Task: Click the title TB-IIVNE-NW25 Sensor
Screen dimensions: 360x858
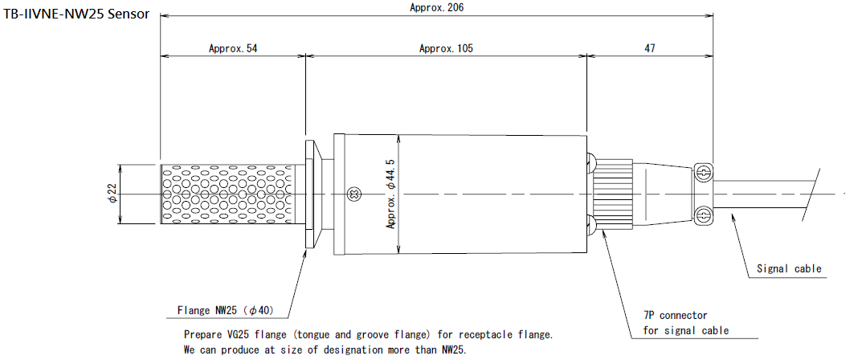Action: [76, 14]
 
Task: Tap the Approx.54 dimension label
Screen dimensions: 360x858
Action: [233, 48]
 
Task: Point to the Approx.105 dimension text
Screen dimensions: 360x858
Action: [446, 48]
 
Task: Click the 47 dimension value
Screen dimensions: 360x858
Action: [649, 48]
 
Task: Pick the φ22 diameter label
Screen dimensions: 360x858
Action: [112, 194]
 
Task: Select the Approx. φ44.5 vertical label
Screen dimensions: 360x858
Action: [391, 194]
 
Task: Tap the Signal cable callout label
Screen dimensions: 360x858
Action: [790, 268]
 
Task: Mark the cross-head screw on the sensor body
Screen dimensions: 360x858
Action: [351, 193]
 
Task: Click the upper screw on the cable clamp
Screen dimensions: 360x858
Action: [703, 172]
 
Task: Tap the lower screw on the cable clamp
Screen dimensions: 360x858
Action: [703, 215]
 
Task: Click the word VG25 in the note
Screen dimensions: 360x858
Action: [241, 334]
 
